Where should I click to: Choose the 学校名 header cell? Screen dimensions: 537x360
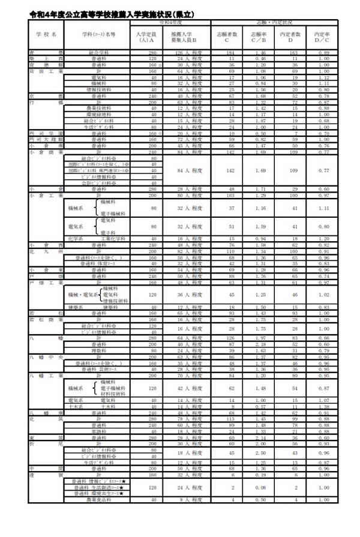click(x=46, y=35)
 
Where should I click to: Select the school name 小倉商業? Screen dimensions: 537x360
click(x=46, y=152)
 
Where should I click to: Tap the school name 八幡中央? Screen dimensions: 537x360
click(x=46, y=356)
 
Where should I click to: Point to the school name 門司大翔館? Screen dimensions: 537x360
click(x=46, y=139)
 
